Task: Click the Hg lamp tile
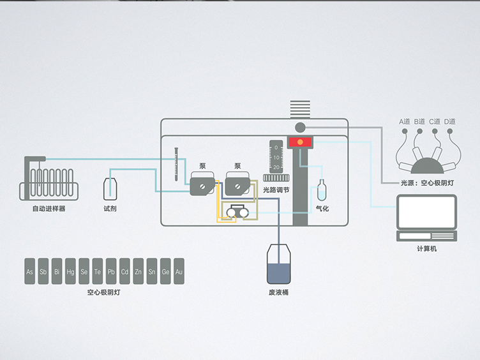pos(70,272)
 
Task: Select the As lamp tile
pos(29,272)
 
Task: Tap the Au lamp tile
pos(179,272)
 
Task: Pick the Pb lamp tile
pos(111,272)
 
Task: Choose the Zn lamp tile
pos(138,272)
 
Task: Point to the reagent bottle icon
pos(110,190)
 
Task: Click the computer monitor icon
pos(426,213)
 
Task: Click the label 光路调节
pos(276,190)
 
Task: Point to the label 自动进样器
pos(49,209)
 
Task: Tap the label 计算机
pos(426,248)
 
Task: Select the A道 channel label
pos(405,121)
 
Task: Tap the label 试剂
pos(110,209)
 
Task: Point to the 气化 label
pos(322,209)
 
